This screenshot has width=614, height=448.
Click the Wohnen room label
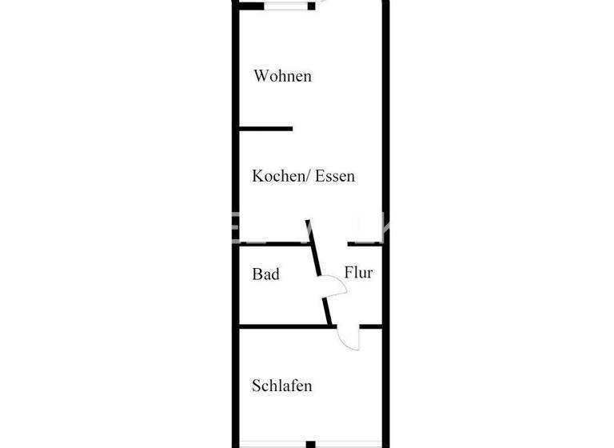282,77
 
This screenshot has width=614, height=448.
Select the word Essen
335,176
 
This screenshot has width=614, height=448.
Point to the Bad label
266,274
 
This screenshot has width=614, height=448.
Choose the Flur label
358,273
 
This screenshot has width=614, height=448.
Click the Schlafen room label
281,386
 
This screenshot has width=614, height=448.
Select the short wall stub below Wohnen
266,129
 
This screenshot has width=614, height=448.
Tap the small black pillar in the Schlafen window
310,444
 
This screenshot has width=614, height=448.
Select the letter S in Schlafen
257,386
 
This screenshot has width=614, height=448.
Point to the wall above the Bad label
272,243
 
